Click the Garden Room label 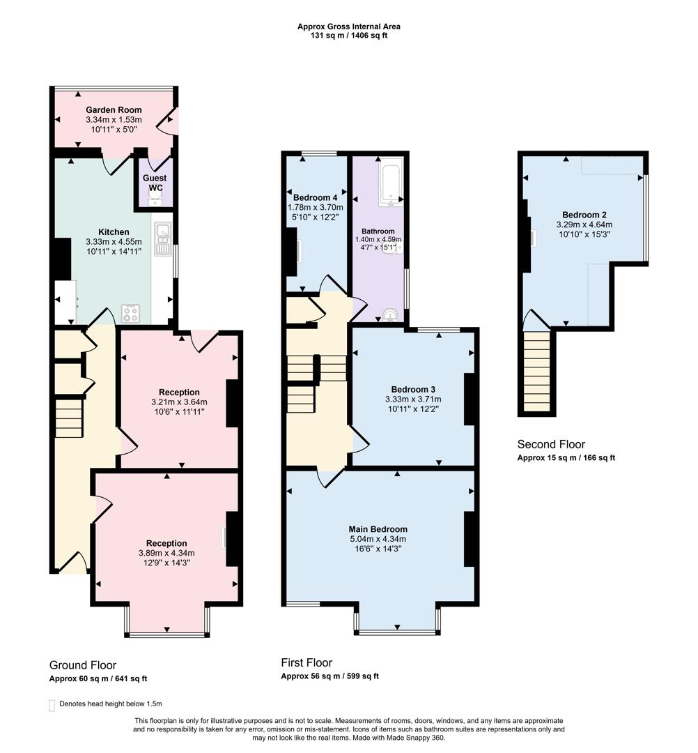click(x=114, y=110)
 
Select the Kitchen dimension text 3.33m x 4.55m click(x=114, y=242)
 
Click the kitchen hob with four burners click(x=130, y=314)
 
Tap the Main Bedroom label click(x=380, y=529)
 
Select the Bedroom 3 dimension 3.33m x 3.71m click(x=413, y=399)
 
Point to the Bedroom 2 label click(x=584, y=215)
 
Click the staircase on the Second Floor click(x=536, y=371)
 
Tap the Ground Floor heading click(x=83, y=665)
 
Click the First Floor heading click(x=307, y=662)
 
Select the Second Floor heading click(x=551, y=444)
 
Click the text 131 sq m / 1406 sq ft click(x=348, y=36)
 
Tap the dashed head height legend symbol click(x=52, y=705)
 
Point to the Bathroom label click(x=378, y=231)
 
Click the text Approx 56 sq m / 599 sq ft click(x=329, y=676)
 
